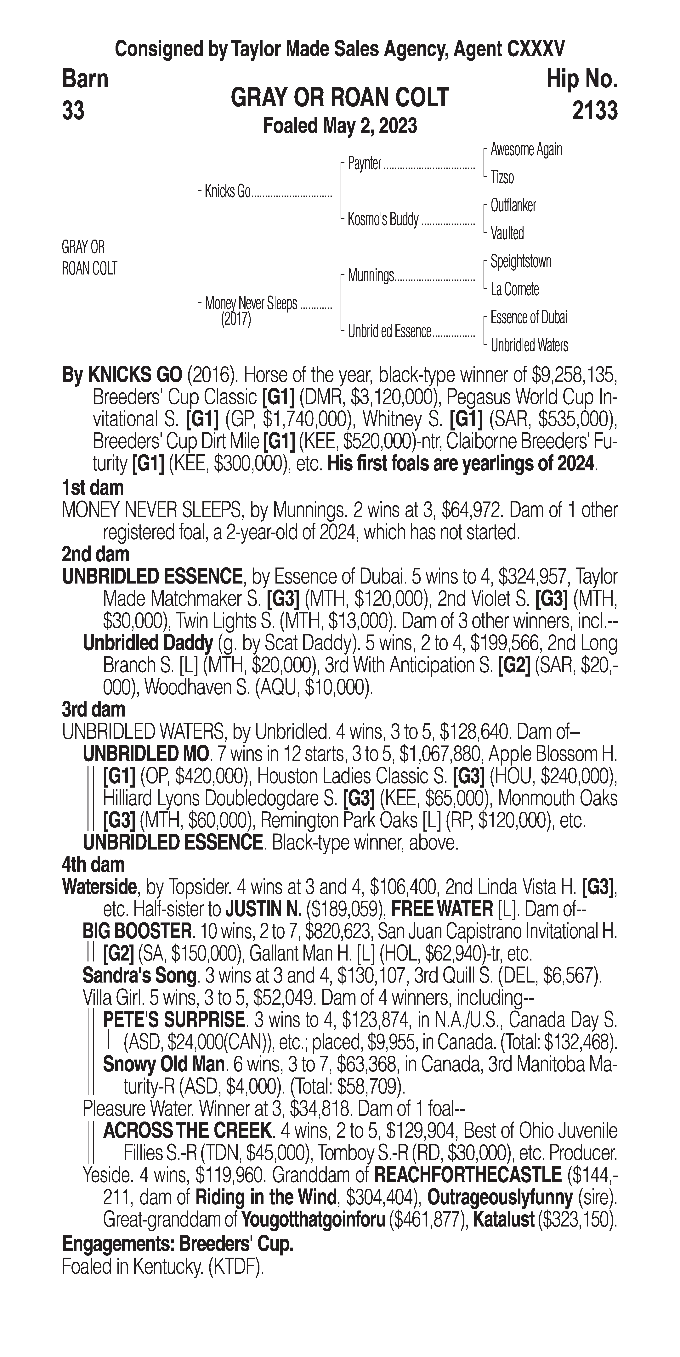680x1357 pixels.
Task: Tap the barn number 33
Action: pos(73,111)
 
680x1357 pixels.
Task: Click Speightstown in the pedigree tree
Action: pos(521,261)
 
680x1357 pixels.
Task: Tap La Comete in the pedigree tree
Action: pos(514,289)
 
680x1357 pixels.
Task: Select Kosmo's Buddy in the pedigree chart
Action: pos(383,219)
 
